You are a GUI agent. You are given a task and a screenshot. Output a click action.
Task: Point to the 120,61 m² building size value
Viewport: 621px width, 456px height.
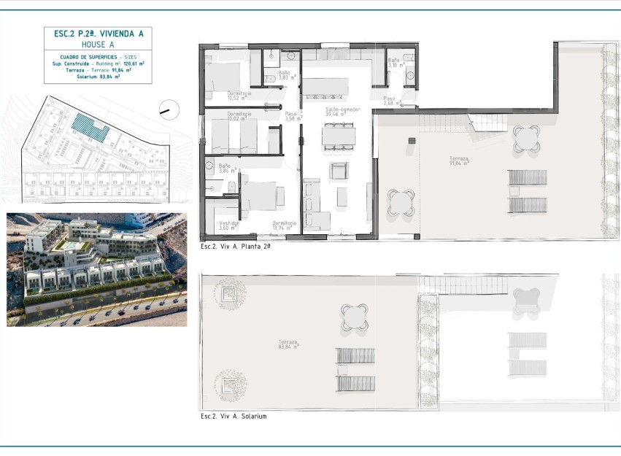click(134, 63)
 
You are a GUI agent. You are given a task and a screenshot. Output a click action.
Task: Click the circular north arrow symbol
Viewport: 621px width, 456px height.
click(169, 109)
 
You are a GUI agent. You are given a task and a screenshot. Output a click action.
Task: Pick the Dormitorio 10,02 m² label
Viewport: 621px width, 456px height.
click(239, 117)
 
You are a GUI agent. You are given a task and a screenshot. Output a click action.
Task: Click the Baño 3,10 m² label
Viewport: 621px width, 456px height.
click(394, 63)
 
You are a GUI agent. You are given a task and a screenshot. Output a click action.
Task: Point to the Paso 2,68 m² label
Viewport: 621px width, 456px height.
click(392, 101)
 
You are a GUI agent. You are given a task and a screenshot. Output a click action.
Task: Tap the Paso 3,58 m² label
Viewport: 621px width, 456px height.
click(290, 117)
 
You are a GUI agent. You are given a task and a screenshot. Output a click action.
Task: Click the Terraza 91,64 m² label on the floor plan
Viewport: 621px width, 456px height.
click(459, 161)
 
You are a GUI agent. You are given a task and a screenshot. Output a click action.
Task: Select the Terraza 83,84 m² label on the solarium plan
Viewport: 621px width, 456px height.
click(290, 344)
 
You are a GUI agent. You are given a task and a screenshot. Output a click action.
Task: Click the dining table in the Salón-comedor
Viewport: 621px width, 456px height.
click(339, 136)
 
